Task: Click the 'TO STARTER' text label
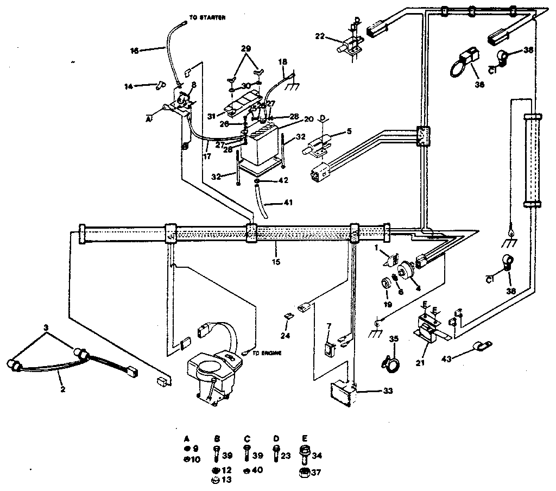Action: point(206,18)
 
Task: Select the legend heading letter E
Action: point(304,437)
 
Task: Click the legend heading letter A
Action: point(186,437)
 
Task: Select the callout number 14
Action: point(128,85)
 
